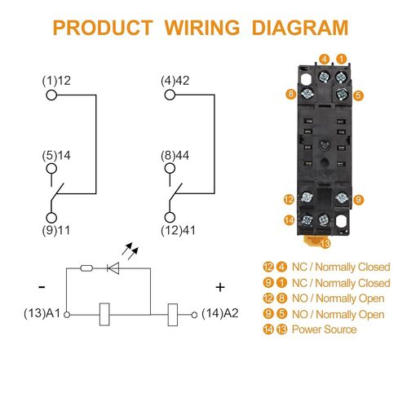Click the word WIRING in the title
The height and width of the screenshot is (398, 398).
coord(202,28)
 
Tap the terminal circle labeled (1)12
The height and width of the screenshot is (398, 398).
coord(51,95)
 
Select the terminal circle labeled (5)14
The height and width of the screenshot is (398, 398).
coord(51,169)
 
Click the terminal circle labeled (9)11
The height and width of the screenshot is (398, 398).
coord(51,218)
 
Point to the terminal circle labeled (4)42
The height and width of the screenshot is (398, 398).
coord(170,95)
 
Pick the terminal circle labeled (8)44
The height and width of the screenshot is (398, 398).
coord(170,169)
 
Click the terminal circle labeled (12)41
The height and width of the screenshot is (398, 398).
coord(170,217)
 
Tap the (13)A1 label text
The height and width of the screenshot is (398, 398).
coord(42,313)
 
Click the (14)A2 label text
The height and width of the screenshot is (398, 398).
coord(220,313)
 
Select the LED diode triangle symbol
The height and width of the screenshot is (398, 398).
coord(113,268)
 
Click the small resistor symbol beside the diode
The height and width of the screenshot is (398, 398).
coord(86,268)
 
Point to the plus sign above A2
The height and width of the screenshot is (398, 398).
coord(220,287)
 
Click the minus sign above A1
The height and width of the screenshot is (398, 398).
coord(42,287)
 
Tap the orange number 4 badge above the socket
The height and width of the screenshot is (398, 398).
coord(325,59)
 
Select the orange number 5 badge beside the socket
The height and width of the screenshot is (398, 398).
coord(358,95)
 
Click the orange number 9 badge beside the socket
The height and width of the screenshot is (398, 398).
coord(358,200)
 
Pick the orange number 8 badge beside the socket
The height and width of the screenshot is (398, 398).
coord(291,94)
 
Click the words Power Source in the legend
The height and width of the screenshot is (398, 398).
coord(324,329)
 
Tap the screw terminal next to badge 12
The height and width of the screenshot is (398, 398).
coord(307,197)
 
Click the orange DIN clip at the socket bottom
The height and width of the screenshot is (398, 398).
coord(316,241)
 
